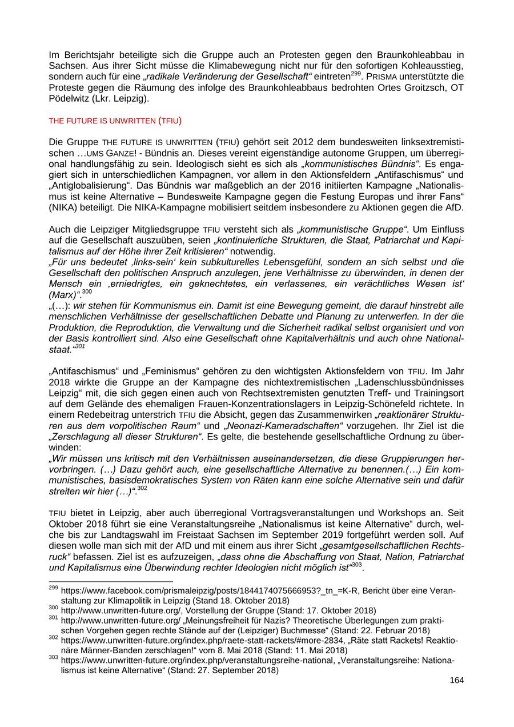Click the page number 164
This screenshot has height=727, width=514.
(x=456, y=680)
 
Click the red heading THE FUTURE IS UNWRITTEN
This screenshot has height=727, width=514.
(x=102, y=121)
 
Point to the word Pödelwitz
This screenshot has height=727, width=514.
(x=70, y=98)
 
